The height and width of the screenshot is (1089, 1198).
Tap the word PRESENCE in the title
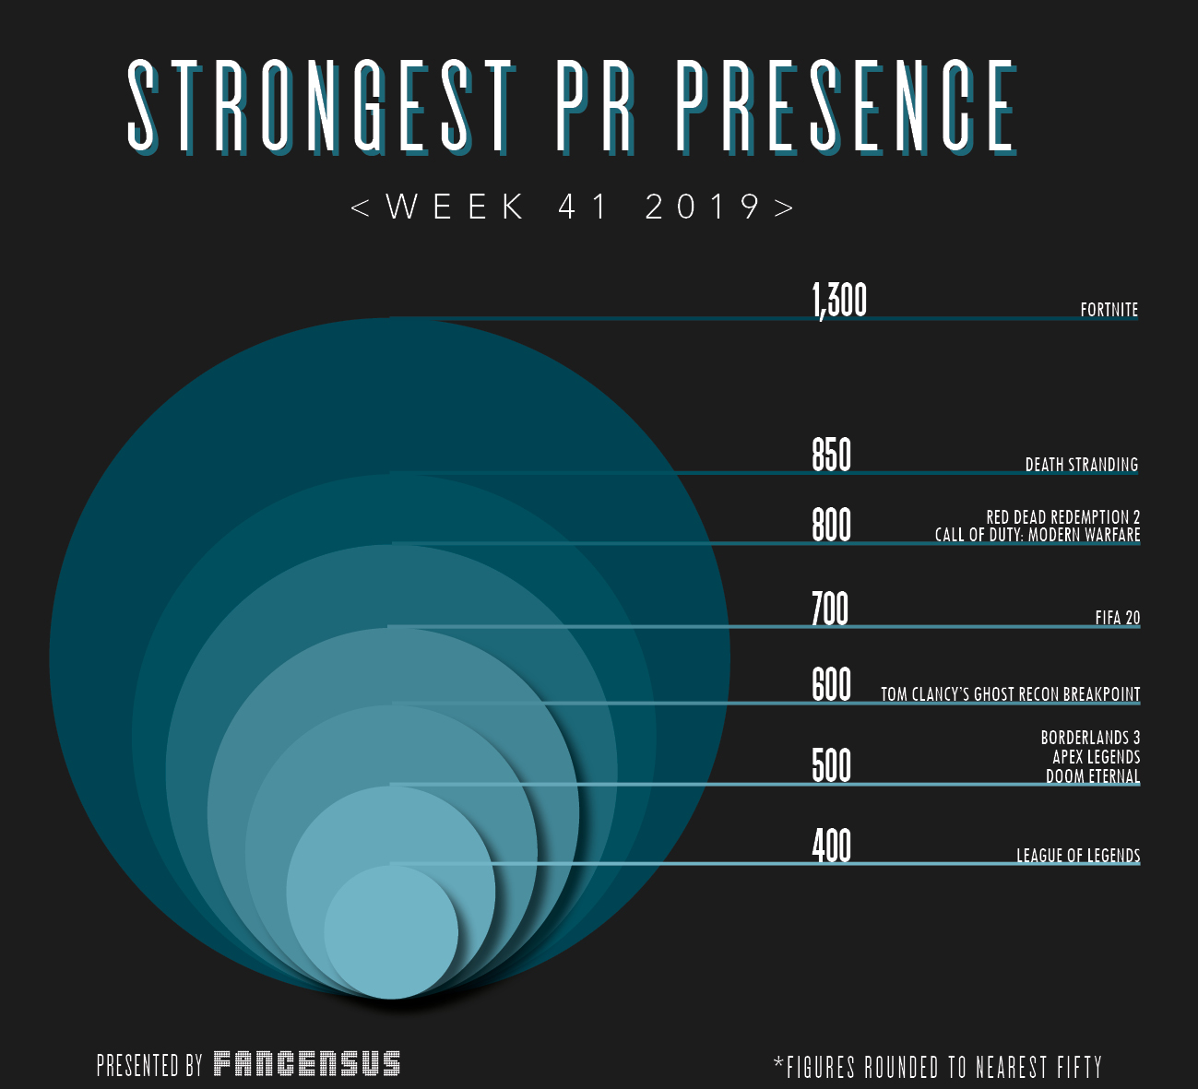[x=846, y=106]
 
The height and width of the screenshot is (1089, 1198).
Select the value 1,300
[x=839, y=300]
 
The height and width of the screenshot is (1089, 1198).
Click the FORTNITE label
[x=1109, y=310]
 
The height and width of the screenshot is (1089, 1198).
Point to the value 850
[x=831, y=456]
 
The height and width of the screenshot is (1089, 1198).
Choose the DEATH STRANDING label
[x=1082, y=465]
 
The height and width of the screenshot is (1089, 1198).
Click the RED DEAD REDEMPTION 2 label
[x=1062, y=517]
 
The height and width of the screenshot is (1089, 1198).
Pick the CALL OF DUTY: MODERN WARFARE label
[x=1038, y=535]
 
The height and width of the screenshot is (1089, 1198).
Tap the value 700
[x=830, y=610]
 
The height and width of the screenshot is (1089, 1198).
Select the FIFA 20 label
[x=1118, y=618]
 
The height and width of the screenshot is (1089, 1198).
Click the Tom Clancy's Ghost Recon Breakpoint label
[x=1010, y=694]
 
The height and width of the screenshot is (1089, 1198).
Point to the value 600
[x=831, y=685]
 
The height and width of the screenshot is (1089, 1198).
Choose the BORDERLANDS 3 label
[x=1090, y=738]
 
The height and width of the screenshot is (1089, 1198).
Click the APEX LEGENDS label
[x=1096, y=757]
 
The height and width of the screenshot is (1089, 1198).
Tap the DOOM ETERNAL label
[x=1093, y=776]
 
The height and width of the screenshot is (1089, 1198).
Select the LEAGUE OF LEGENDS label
[x=1078, y=856]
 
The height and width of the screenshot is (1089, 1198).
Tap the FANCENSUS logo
[x=307, y=1064]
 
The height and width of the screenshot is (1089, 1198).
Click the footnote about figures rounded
[x=938, y=1068]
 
